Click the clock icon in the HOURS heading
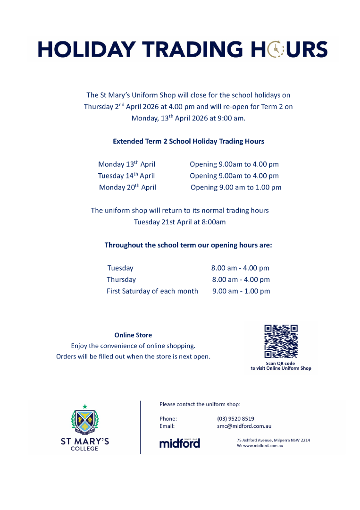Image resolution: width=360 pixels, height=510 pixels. [275, 50]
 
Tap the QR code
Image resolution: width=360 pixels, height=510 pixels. [281, 341]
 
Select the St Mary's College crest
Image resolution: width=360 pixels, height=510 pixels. [85, 420]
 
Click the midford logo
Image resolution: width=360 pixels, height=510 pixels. [180, 443]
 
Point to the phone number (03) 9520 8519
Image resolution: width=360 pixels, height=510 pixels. [235, 418]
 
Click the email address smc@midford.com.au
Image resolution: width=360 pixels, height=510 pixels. [244, 426]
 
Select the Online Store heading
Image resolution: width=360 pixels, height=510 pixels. [133, 335]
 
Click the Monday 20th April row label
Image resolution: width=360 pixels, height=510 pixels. [127, 187]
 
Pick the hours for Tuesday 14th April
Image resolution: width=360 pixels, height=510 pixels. [234, 176]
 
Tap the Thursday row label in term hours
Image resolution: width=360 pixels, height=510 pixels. [121, 280]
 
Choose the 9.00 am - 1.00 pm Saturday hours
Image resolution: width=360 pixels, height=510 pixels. [241, 291]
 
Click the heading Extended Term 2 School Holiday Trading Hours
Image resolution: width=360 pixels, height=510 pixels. [188, 141]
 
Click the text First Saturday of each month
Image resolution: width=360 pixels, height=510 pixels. [152, 291]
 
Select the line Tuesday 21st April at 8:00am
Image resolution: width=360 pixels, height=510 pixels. [180, 222]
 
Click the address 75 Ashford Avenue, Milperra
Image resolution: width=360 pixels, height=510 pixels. [273, 440]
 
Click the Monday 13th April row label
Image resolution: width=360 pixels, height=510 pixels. [126, 164]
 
